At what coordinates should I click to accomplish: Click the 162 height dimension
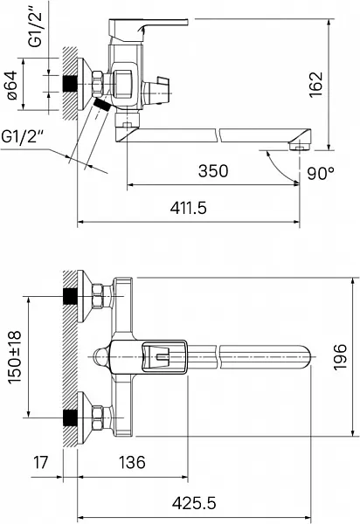(x=316, y=85)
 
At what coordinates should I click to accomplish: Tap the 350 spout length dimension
(x=213, y=171)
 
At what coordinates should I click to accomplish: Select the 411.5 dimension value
(x=189, y=208)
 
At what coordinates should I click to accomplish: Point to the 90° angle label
(x=321, y=173)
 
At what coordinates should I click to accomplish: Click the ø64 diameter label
(x=12, y=85)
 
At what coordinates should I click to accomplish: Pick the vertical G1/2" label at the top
(x=36, y=24)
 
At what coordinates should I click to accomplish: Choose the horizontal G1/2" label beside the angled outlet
(x=23, y=136)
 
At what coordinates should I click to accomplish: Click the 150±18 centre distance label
(x=14, y=357)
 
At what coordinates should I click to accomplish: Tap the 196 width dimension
(x=340, y=356)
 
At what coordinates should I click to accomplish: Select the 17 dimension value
(x=41, y=463)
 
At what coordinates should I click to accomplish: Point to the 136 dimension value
(x=132, y=463)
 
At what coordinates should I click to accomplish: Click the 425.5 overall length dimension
(x=194, y=503)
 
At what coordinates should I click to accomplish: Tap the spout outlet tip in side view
(x=301, y=146)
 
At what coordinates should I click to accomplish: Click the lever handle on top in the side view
(x=149, y=27)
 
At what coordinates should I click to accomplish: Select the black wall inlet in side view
(x=70, y=84)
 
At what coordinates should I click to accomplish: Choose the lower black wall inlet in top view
(x=70, y=417)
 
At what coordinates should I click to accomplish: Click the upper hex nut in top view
(x=98, y=296)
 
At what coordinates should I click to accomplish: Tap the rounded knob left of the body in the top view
(x=100, y=357)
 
